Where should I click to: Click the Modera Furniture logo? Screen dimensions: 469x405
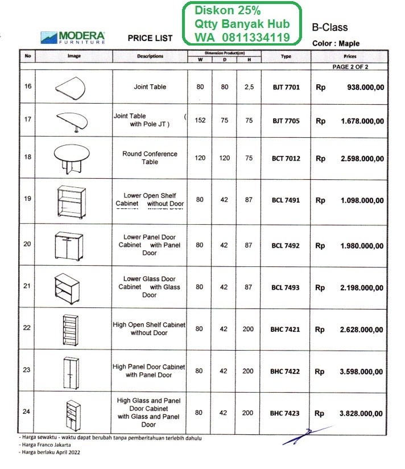coord(73,37)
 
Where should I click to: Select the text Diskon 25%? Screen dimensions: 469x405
coord(228,11)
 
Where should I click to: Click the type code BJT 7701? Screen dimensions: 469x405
coord(286,88)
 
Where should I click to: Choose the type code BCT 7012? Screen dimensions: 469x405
coord(286,158)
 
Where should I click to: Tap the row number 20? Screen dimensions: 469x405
coord(27,245)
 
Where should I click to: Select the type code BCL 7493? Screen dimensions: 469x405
coord(286,287)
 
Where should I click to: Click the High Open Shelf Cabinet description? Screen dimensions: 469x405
coord(149,329)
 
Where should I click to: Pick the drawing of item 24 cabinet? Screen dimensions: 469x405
coord(72,413)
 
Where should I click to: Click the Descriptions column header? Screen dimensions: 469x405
coord(150,56)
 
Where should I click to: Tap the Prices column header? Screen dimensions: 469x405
coord(350,57)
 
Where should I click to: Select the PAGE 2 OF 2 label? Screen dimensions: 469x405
coord(350,67)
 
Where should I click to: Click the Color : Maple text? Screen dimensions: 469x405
coord(336,43)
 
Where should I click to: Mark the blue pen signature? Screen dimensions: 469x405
coord(308,435)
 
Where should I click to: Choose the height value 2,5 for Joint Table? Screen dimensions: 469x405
coord(248,87)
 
